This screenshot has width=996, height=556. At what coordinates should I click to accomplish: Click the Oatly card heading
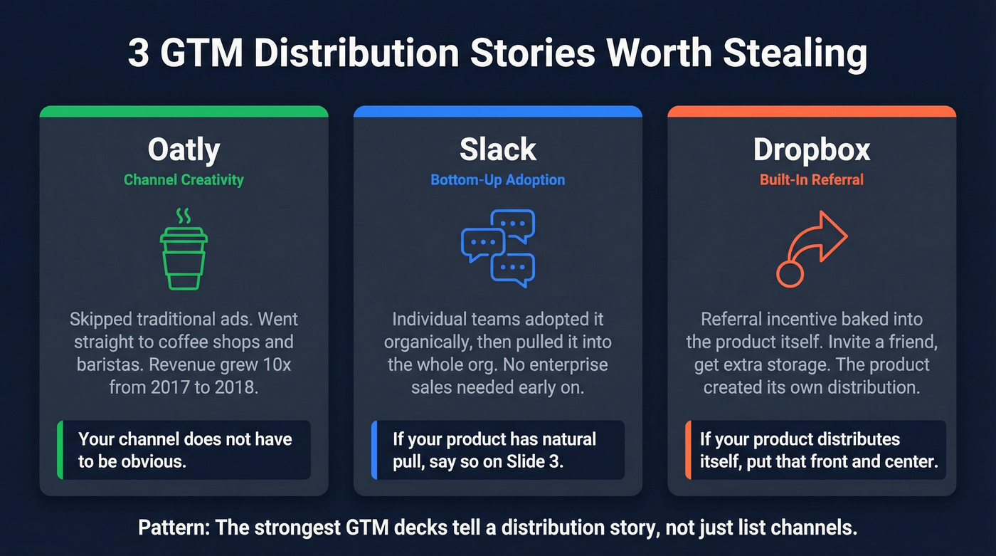pyautogui.click(x=184, y=150)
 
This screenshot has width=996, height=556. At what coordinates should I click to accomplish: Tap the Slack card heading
pyautogui.click(x=497, y=150)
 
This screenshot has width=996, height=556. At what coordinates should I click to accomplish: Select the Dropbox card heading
pyautogui.click(x=812, y=150)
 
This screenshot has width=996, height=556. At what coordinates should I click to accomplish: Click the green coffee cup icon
pyautogui.click(x=184, y=258)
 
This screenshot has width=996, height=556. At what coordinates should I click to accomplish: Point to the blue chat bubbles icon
pyautogui.click(x=497, y=248)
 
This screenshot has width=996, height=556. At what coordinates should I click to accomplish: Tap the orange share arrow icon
pyautogui.click(x=811, y=248)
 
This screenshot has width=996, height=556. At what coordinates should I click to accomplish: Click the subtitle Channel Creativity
pyautogui.click(x=184, y=179)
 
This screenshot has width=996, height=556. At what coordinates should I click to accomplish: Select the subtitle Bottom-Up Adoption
pyautogui.click(x=497, y=179)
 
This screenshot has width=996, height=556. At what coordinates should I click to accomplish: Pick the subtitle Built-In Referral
pyautogui.click(x=812, y=179)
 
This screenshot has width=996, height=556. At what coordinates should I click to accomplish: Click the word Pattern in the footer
pyautogui.click(x=171, y=528)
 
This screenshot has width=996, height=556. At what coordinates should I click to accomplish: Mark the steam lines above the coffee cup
pyautogui.click(x=184, y=216)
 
